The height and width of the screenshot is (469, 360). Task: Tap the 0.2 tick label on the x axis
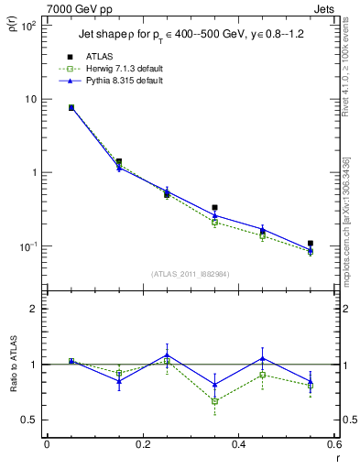[x=142, y=445]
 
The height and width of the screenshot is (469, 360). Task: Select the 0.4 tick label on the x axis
[x=238, y=445]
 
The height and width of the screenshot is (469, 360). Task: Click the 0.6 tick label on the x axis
[x=333, y=445]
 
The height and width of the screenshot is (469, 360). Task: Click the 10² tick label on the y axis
[x=27, y=26]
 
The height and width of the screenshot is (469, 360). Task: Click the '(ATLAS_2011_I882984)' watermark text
[x=190, y=274]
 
